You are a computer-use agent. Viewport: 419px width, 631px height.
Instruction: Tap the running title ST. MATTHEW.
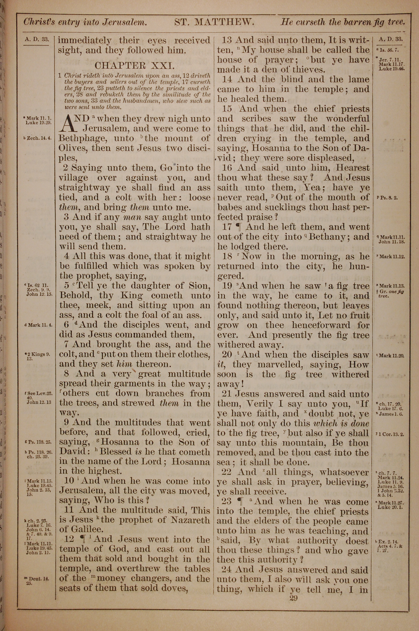(x=214, y=22)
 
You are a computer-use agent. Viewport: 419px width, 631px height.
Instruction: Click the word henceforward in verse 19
(x=321, y=325)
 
